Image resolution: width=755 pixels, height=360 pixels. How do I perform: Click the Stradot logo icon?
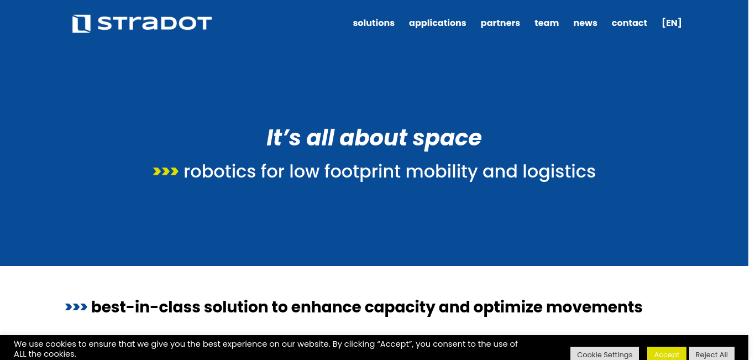[x=81, y=24]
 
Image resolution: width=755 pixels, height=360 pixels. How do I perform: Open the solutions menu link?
[x=374, y=23]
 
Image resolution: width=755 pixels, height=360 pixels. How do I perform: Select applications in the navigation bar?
[x=438, y=23]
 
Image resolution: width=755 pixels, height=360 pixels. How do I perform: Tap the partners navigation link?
[x=500, y=23]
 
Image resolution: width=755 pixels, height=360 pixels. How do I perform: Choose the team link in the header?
[x=547, y=23]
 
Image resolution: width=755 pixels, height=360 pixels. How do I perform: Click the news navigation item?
[x=585, y=23]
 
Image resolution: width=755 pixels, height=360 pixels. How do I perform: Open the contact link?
[x=630, y=23]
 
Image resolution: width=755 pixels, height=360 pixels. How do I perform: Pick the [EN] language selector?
[x=672, y=23]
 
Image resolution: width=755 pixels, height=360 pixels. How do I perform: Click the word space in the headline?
[x=447, y=139]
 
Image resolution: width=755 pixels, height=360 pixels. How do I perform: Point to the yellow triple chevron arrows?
[x=165, y=171]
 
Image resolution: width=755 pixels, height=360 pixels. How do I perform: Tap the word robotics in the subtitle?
[x=219, y=171]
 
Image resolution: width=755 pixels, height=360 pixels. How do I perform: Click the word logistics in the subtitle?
[x=559, y=172]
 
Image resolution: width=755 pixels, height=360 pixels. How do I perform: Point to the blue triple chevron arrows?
[x=76, y=307]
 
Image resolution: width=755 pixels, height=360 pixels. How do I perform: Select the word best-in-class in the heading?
[x=145, y=307]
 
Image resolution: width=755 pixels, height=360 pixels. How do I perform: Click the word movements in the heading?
[x=594, y=307]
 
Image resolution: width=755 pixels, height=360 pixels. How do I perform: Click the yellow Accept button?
[x=667, y=353]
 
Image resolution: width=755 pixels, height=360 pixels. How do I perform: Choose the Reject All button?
[x=711, y=353]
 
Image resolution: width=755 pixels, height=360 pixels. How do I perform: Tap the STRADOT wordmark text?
[x=155, y=24]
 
